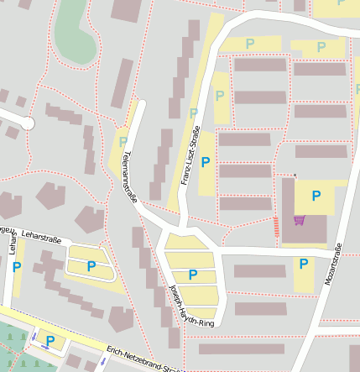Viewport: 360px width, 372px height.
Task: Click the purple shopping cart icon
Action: (x=300, y=220)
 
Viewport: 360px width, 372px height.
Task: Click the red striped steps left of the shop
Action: (x=276, y=225)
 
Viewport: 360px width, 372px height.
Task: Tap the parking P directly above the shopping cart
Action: (x=316, y=196)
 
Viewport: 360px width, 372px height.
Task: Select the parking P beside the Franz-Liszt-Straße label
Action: (x=206, y=161)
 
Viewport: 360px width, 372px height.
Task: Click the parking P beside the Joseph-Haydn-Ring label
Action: (x=193, y=275)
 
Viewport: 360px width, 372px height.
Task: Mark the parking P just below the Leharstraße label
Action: (x=91, y=266)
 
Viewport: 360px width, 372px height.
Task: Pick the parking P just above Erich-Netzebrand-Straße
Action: (x=50, y=340)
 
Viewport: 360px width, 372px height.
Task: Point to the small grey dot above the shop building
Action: (x=295, y=175)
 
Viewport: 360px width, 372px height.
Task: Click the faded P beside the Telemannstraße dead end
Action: (x=123, y=142)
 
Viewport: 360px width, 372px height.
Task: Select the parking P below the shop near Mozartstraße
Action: (x=304, y=264)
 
